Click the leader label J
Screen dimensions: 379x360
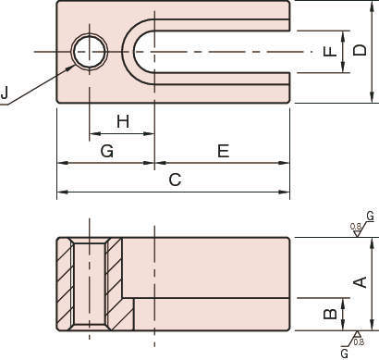pyautogui.click(x=4, y=93)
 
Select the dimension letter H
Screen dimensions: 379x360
pyautogui.click(x=123, y=121)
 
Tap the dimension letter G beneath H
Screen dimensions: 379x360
pyautogui.click(x=107, y=151)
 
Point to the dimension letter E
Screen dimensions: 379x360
pyautogui.click(x=224, y=151)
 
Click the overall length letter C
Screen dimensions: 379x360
pyautogui.click(x=175, y=180)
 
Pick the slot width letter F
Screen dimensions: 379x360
pyautogui.click(x=331, y=51)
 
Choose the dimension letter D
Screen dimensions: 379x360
pyautogui.click(x=360, y=50)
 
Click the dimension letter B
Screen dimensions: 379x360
pyautogui.click(x=331, y=314)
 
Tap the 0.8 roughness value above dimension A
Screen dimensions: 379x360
pyautogui.click(x=356, y=227)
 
